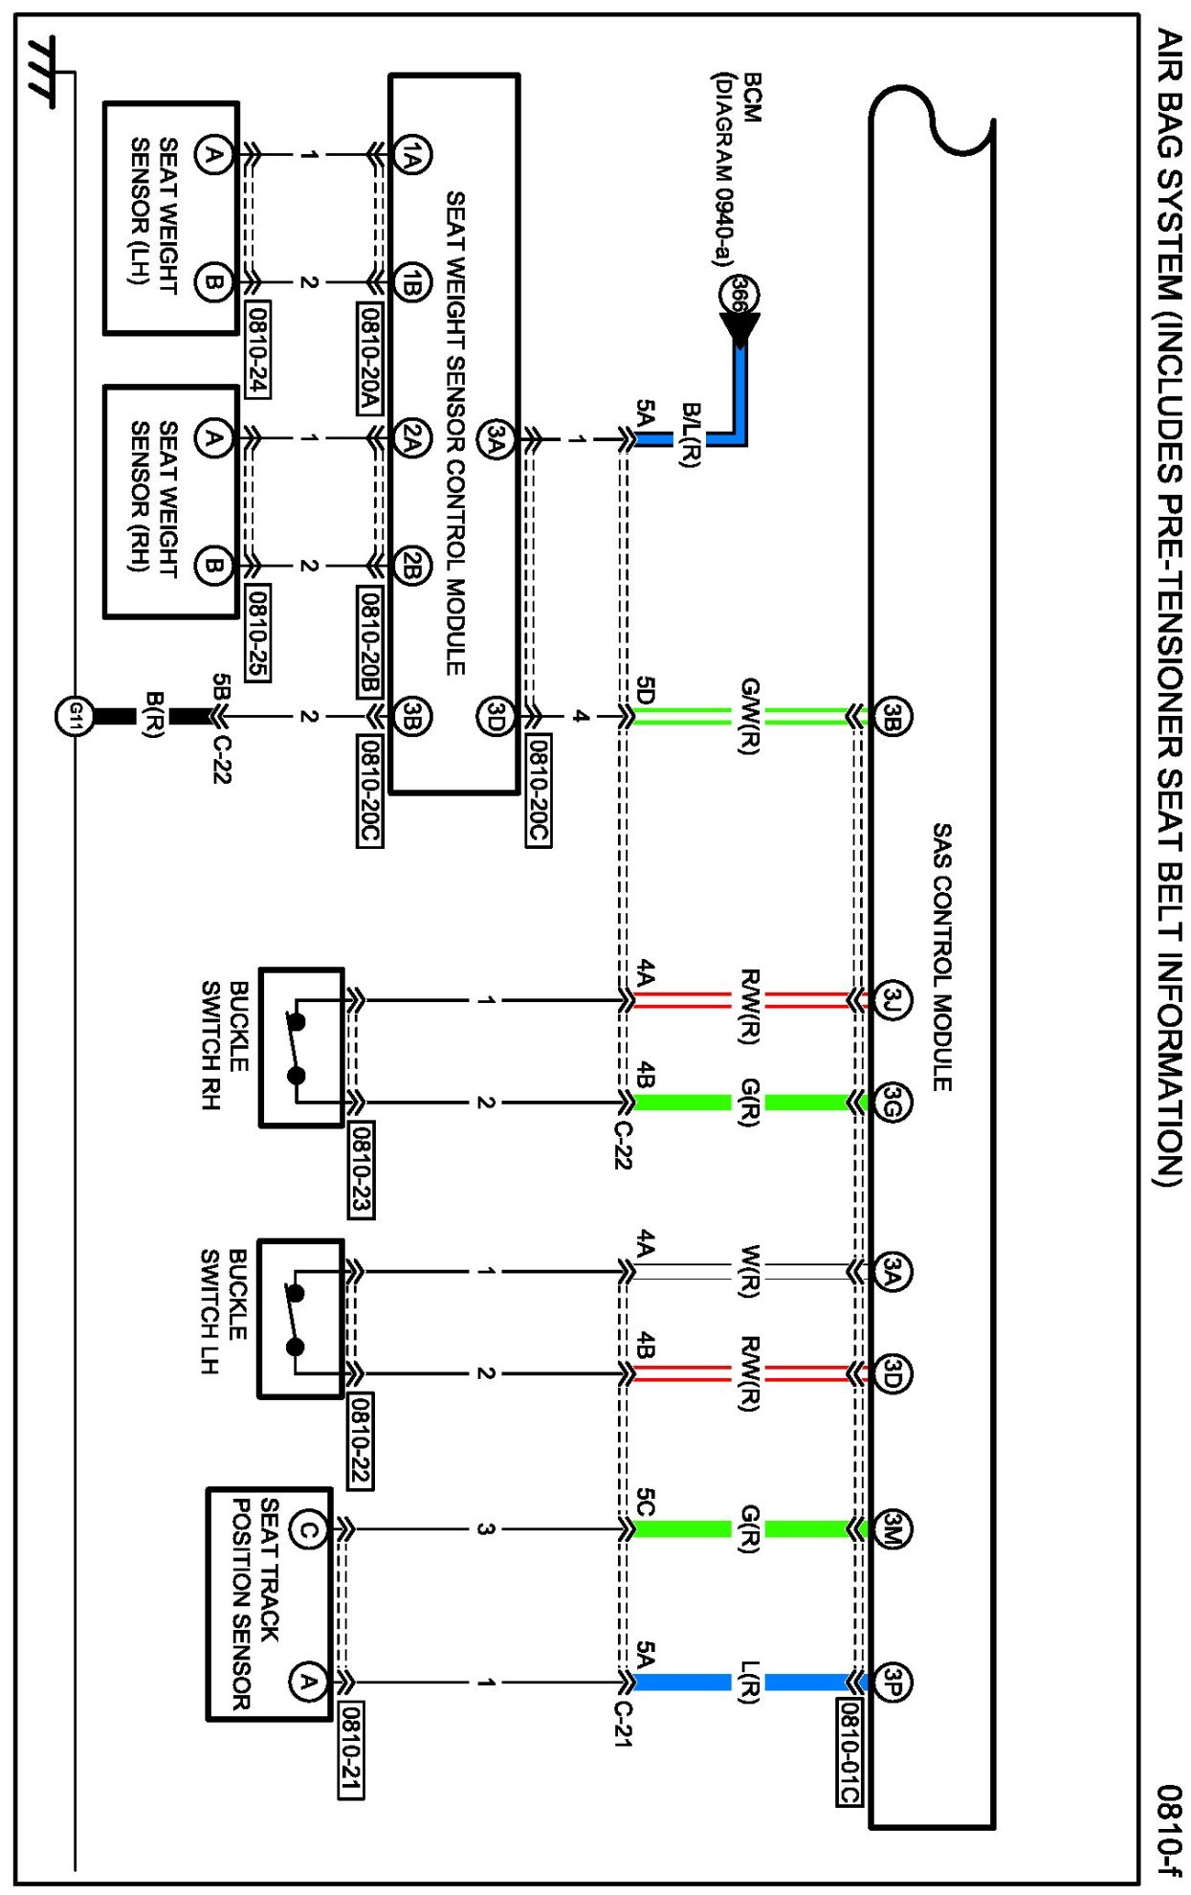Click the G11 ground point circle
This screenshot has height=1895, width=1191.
[x=75, y=716]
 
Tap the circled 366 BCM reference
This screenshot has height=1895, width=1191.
[x=738, y=294]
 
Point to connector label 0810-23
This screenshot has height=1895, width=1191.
[x=361, y=1170]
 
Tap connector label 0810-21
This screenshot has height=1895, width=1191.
[x=351, y=1750]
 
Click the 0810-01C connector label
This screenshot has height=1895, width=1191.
[x=849, y=1752]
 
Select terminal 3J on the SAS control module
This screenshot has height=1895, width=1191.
[x=892, y=1001]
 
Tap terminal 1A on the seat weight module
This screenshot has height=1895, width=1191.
[x=411, y=154]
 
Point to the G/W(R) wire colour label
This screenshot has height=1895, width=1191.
[x=750, y=716]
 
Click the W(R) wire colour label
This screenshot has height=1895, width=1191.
[x=750, y=1271]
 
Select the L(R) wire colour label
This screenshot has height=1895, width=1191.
[x=750, y=1682]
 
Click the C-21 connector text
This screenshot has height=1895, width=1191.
[x=623, y=1724]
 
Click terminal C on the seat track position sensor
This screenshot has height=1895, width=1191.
[x=307, y=1529]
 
